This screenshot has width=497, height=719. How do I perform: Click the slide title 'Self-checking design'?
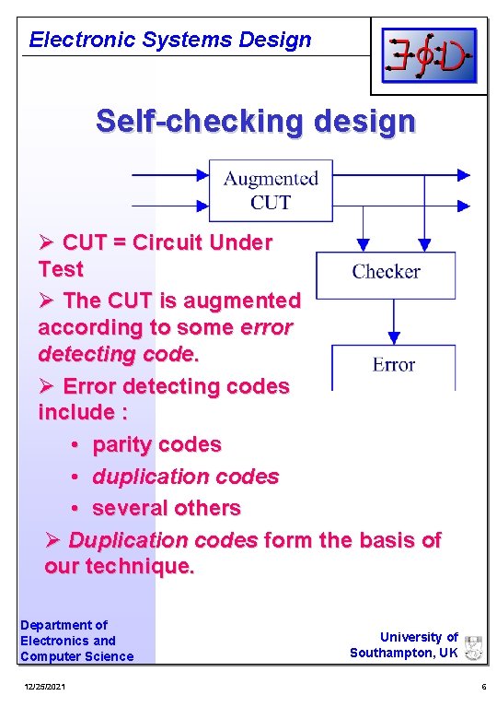click(256, 121)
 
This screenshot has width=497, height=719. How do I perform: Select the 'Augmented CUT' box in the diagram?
click(271, 191)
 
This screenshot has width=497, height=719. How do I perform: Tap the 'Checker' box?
click(386, 272)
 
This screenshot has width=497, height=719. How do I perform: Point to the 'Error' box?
click(393, 366)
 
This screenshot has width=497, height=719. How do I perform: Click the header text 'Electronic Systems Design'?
click(170, 40)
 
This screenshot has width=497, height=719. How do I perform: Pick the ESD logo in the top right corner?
click(429, 56)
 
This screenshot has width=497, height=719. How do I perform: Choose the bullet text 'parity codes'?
click(156, 444)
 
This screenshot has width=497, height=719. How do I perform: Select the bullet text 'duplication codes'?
click(185, 477)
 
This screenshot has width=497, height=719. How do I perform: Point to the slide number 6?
click(483, 688)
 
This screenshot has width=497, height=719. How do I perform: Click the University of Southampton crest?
click(474, 647)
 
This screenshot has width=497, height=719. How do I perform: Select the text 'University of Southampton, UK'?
click(404, 644)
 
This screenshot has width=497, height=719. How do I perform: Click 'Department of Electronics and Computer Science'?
click(76, 641)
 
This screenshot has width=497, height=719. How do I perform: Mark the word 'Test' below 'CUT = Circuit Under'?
click(61, 269)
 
